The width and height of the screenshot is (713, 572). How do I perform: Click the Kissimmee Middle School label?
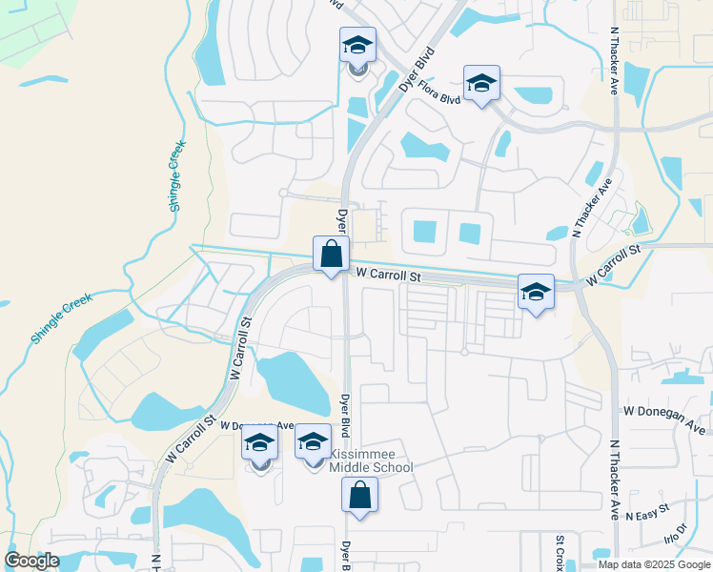371,460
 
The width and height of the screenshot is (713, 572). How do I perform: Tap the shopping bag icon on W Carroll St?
331,255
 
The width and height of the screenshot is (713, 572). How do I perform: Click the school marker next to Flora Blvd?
481,84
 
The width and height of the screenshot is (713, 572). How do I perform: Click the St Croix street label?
560,550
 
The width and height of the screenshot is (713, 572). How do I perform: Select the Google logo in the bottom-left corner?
31,561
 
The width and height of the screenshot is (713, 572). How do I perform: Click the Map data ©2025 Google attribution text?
654,564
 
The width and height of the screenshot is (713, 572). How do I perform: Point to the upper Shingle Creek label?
176,175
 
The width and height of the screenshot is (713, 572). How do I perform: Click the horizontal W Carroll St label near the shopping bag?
388,275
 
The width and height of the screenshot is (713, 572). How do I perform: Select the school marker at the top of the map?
357,46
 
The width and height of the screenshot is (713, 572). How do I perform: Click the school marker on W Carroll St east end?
536,293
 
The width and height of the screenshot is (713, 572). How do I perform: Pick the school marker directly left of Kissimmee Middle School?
259,443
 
